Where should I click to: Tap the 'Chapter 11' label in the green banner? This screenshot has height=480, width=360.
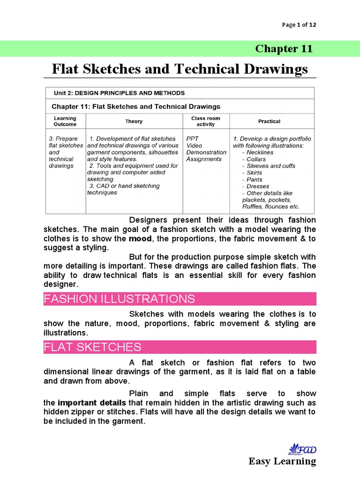coord(283,49)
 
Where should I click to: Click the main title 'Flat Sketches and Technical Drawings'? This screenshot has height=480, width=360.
coord(180,69)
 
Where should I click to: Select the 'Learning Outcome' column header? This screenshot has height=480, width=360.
coord(65,121)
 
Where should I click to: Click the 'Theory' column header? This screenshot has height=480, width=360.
coord(134,121)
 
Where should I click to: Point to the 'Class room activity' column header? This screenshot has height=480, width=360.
coord(205,121)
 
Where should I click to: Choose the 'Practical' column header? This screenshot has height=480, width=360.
coord(269,121)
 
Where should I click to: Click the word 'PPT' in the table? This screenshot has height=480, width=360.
coord(193,139)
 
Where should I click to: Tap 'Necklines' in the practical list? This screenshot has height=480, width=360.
coord(260,152)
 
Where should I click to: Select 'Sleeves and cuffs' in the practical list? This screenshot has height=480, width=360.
coord(271,166)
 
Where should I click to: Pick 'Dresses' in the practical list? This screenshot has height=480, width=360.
coord(258,186)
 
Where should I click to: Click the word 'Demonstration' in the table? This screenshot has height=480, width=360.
coord(206,152)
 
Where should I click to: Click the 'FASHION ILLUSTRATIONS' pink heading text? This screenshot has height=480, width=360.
coord(119,299)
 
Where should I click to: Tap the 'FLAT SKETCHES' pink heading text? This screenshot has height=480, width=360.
coord(92,347)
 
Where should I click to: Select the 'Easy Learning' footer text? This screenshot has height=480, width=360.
coord(282,462)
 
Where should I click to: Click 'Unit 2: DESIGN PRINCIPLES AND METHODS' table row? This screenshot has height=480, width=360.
coord(119,93)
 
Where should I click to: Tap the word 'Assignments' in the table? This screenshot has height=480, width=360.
coord(204,159)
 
